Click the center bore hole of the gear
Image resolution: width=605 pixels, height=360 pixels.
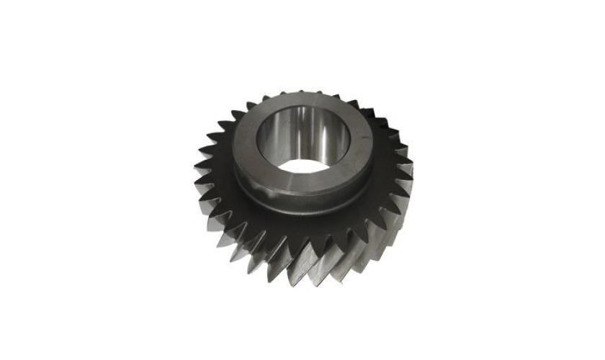302,140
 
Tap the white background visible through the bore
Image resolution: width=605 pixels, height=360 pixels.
302,164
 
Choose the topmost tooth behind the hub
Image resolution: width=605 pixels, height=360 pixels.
302,92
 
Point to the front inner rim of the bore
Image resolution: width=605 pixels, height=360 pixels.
302,173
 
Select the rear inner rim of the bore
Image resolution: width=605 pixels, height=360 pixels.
302,108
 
